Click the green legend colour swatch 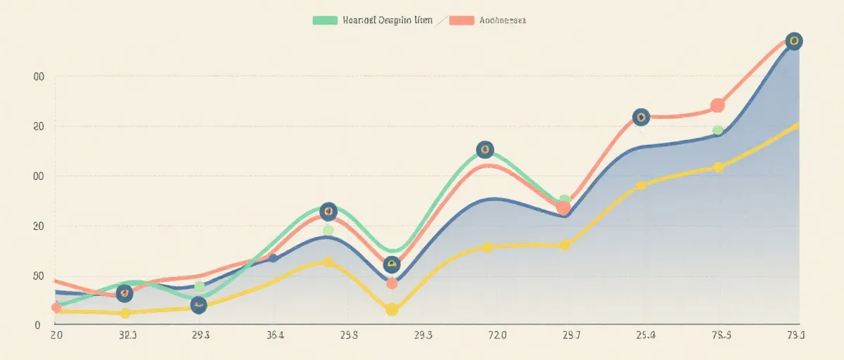[x=324, y=20]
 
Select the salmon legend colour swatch [x=461, y=20]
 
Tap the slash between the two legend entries [x=442, y=21]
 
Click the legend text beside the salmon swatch [x=501, y=20]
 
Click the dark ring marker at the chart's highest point [x=793, y=41]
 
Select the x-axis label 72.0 [x=497, y=335]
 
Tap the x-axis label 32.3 [x=127, y=335]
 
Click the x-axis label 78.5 [x=721, y=335]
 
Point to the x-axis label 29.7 [x=571, y=335]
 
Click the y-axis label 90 [x=39, y=276]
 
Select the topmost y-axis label [x=39, y=77]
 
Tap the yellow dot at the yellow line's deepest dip [x=392, y=309]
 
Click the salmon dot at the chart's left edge [x=56, y=307]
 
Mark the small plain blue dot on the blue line [x=274, y=258]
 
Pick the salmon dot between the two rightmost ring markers [x=717, y=105]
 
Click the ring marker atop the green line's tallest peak [x=485, y=149]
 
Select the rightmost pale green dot [x=717, y=130]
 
